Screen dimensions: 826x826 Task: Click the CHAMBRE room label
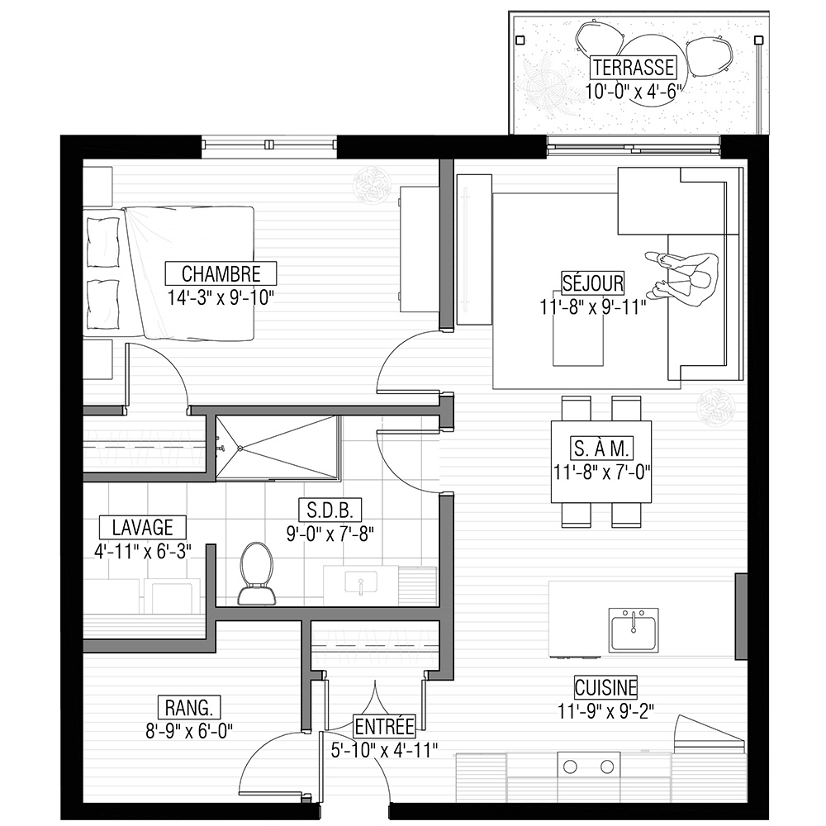tap(221, 274)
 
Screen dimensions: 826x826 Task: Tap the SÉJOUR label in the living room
tap(592, 282)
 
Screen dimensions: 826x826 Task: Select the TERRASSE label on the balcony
tap(634, 68)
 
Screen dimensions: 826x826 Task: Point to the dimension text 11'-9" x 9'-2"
tap(605, 712)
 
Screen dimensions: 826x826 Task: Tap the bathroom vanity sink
tap(361, 583)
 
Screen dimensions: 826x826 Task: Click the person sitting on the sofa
tap(682, 278)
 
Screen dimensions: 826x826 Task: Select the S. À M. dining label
tap(601, 449)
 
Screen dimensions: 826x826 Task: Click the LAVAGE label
tap(143, 527)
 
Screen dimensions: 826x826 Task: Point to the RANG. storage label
tap(189, 708)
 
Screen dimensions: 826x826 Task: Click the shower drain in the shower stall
tap(240, 448)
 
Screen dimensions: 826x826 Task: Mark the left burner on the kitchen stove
tap(570, 767)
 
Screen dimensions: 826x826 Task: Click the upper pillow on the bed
tap(102, 243)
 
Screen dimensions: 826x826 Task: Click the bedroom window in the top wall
tap(269, 145)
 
